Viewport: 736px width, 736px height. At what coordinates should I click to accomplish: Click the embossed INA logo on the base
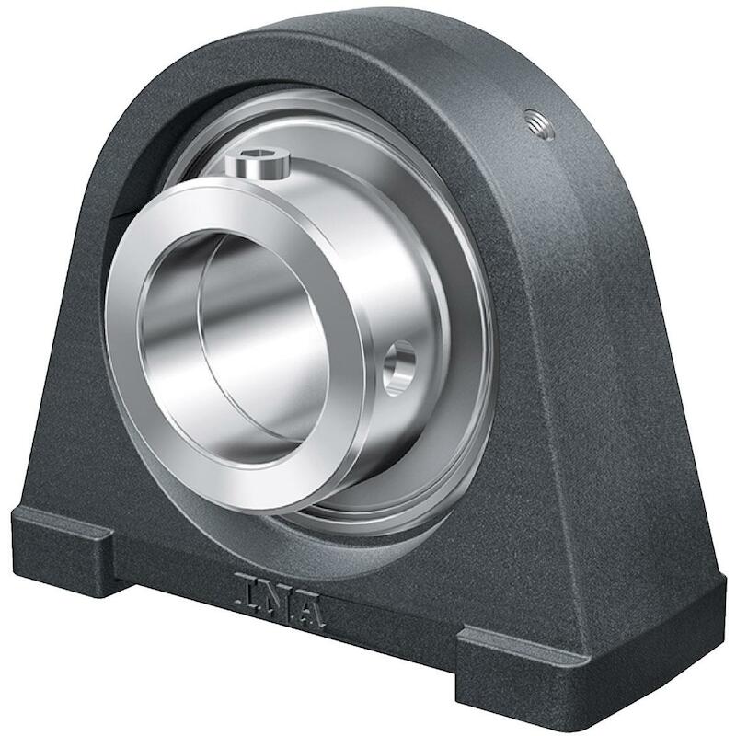coord(281,601)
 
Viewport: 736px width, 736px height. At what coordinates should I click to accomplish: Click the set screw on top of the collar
coord(257,166)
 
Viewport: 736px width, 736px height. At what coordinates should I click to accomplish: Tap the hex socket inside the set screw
coord(258,159)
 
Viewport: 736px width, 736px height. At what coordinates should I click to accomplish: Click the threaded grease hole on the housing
coord(540,123)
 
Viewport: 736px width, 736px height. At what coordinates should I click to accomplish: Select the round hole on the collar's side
coord(400,364)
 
